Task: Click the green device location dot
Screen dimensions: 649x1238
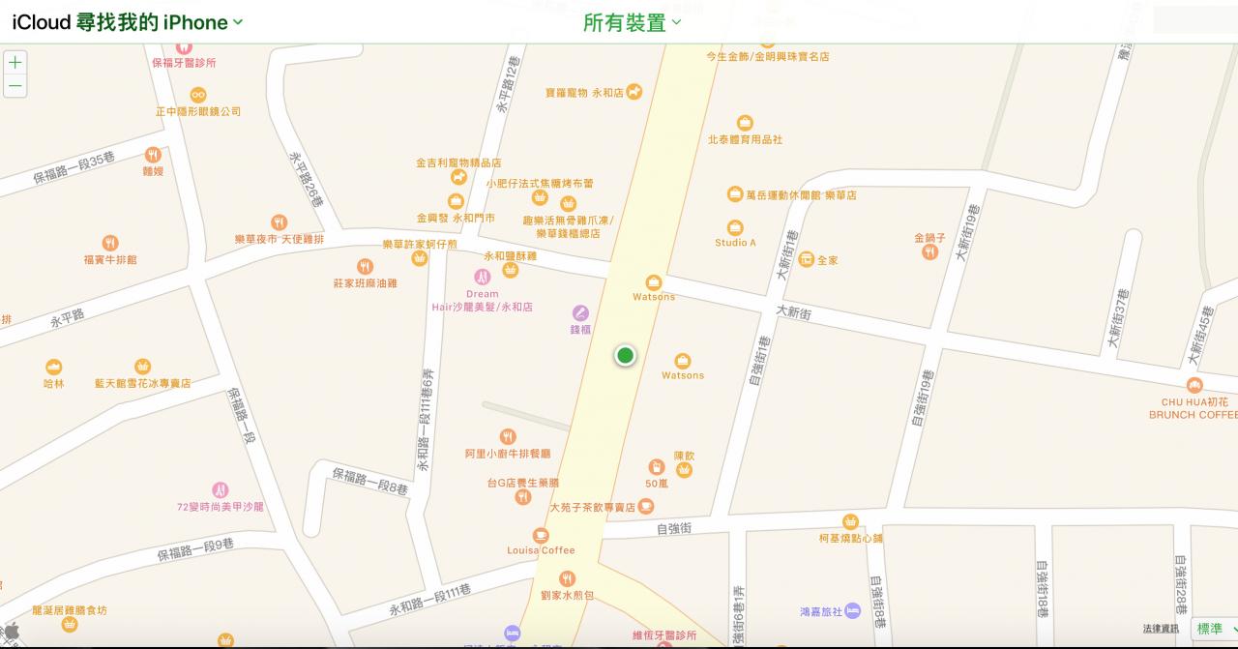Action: (625, 356)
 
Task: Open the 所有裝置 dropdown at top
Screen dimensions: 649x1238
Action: (632, 22)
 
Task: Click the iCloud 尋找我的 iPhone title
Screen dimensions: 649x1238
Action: (127, 22)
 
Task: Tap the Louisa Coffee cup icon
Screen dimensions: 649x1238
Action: (541, 535)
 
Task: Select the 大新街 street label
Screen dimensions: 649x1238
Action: (793, 312)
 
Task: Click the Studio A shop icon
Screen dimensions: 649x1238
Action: (735, 227)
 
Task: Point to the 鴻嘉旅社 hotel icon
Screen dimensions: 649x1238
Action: (852, 610)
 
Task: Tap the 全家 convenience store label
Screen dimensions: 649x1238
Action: (827, 260)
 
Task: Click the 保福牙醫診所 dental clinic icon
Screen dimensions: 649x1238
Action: (184, 45)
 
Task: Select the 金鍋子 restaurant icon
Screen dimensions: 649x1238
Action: (929, 252)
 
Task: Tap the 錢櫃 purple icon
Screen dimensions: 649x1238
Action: (580, 312)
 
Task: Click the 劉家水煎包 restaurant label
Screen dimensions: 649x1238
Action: (567, 596)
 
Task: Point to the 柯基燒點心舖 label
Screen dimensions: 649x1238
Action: (850, 538)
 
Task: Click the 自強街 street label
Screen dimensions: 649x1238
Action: (673, 528)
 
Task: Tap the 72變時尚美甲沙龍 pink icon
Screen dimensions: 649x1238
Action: (220, 490)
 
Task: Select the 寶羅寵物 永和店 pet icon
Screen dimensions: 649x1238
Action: (634, 92)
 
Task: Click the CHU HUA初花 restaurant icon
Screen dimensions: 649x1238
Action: (1194, 386)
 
